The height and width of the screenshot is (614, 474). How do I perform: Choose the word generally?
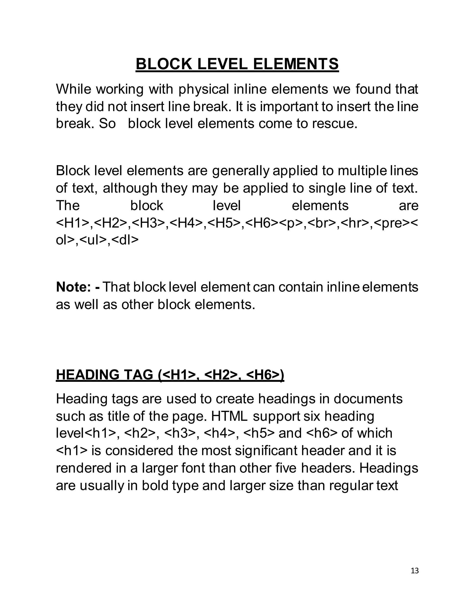(241, 171)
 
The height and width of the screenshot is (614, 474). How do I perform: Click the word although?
(130, 188)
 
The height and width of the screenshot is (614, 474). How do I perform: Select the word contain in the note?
(301, 287)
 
